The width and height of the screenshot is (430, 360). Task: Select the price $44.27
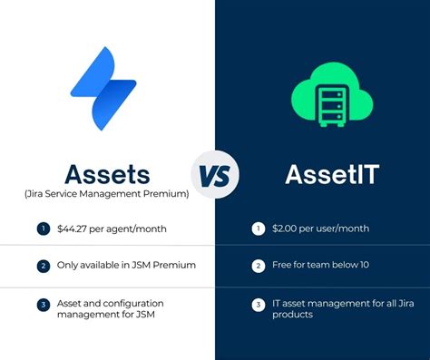click(74, 229)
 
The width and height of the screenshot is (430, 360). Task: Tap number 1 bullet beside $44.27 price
click(42, 229)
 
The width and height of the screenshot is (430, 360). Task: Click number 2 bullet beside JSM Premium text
click(42, 267)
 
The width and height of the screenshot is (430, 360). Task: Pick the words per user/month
click(335, 229)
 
